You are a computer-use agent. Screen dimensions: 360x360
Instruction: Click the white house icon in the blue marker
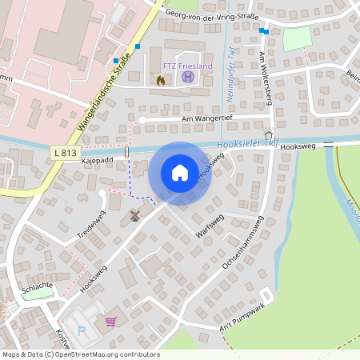pyautogui.click(x=180, y=173)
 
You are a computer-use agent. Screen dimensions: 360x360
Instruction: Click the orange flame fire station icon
pyautogui.click(x=160, y=80)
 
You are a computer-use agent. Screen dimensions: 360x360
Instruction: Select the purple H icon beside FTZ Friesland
pyautogui.click(x=187, y=78)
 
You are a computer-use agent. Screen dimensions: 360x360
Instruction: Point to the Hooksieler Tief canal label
pyautogui.click(x=247, y=144)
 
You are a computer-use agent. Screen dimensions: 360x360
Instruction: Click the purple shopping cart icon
pyautogui.click(x=110, y=322)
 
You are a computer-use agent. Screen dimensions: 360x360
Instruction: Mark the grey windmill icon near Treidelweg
pyautogui.click(x=134, y=215)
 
